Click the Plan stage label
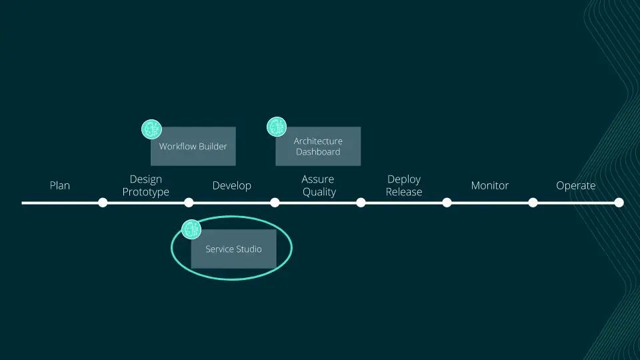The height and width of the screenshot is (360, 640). click(x=60, y=185)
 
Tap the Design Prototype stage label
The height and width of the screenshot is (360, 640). click(x=146, y=185)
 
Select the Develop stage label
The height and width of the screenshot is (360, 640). click(x=232, y=185)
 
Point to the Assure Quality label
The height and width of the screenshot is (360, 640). click(x=318, y=185)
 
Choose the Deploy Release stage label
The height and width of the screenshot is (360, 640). click(x=404, y=185)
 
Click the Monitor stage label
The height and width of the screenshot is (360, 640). click(x=490, y=185)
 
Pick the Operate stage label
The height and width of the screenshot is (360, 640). click(x=576, y=185)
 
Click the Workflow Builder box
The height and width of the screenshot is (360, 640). click(x=193, y=147)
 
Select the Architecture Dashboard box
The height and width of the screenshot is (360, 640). click(x=318, y=147)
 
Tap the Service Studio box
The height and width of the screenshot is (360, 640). click(x=234, y=249)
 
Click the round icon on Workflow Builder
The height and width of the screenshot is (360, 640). click(x=152, y=129)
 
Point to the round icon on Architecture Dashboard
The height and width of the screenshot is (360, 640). click(x=277, y=127)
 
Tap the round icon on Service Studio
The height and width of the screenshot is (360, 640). click(x=192, y=230)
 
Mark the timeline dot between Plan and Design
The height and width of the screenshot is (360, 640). click(x=103, y=202)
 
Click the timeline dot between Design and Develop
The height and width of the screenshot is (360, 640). click(x=189, y=202)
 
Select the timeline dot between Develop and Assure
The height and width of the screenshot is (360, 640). click(x=275, y=202)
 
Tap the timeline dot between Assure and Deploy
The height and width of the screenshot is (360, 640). click(x=361, y=202)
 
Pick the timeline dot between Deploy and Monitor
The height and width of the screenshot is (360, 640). click(x=447, y=202)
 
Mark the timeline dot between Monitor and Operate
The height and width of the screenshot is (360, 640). click(x=533, y=202)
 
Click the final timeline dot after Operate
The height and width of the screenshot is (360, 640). click(x=619, y=202)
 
